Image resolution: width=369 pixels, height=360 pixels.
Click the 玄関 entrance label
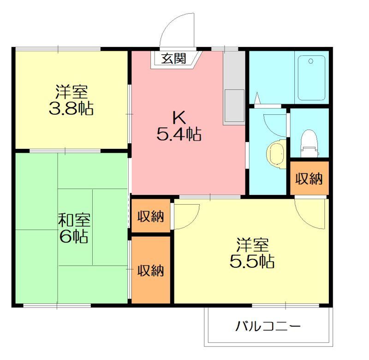174,59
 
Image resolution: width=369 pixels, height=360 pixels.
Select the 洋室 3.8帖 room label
71,100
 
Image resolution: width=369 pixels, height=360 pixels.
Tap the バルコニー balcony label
268,327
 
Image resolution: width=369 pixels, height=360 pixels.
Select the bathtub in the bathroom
311,77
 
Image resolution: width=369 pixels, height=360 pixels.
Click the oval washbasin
275,153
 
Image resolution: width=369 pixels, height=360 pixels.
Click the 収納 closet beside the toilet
309,178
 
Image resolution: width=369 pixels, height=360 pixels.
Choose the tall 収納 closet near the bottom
151,270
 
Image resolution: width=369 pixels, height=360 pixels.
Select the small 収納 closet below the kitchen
151,216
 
